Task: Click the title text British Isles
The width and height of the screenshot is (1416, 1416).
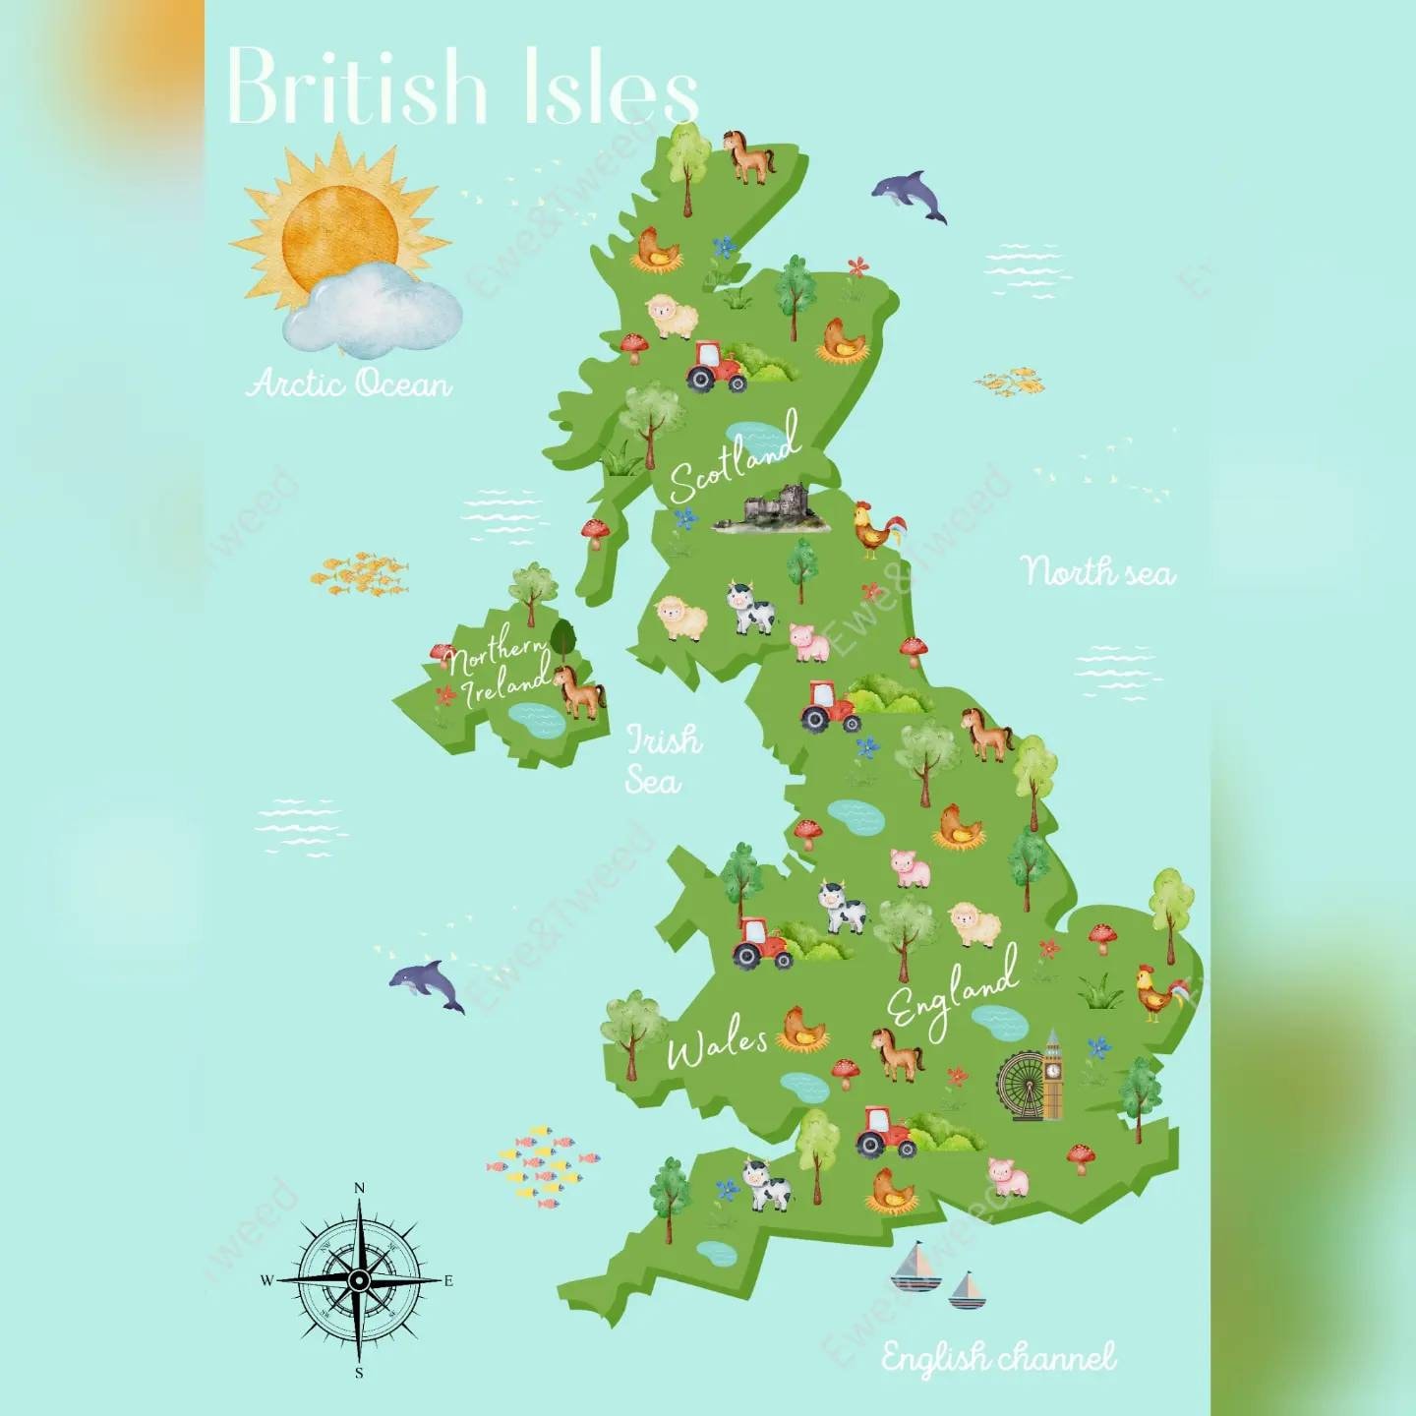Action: (462, 87)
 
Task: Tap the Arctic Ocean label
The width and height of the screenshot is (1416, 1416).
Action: (349, 383)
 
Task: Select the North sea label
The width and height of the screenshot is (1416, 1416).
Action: (1097, 571)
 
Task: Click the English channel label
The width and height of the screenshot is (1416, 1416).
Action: (998, 1358)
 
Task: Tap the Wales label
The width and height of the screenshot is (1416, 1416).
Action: (716, 1048)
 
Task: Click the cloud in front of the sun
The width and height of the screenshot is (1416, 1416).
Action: (374, 310)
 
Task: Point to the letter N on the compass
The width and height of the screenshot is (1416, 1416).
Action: (359, 1189)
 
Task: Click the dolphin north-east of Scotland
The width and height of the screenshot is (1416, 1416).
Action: (911, 195)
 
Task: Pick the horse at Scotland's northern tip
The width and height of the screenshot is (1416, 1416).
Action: (749, 156)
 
